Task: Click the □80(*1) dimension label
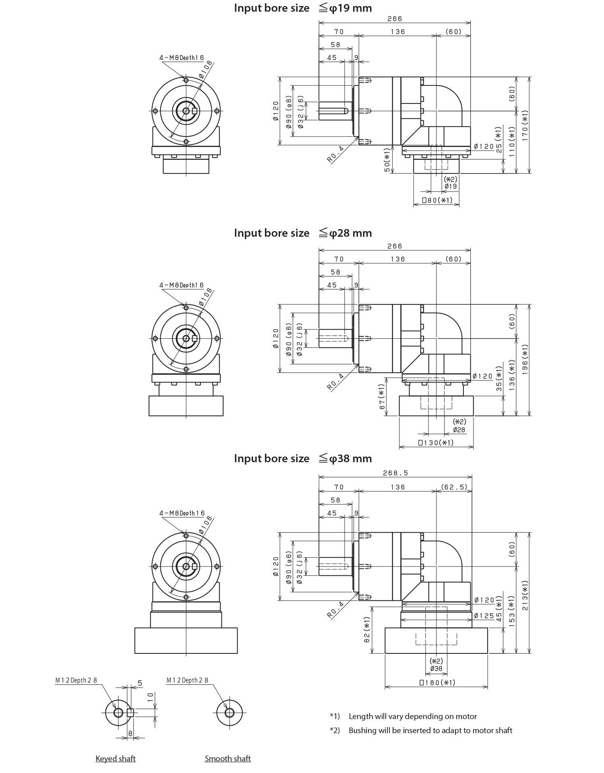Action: tap(436, 200)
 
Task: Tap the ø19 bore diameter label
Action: tap(451, 186)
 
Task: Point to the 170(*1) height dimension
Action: tap(525, 126)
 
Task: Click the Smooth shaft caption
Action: tap(228, 759)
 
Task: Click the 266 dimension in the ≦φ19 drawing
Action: tap(395, 19)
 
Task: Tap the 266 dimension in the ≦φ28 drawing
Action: tap(395, 246)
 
